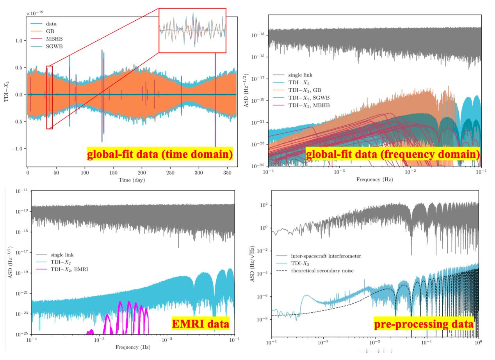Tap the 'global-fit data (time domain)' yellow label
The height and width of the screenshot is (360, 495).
tap(160, 154)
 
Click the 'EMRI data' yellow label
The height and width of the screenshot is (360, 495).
tap(201, 324)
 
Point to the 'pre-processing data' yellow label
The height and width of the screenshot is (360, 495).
tap(424, 324)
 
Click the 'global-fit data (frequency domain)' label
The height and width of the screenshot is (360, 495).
tap(393, 154)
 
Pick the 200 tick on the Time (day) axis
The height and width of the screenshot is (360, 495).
tap(142, 173)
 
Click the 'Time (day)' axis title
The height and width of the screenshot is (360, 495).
tap(132, 180)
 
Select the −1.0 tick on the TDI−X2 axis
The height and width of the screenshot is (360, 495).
tap(17, 148)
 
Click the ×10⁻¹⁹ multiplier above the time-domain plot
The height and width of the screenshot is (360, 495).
tap(35, 13)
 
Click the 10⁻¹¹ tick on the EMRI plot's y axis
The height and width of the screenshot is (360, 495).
tap(21, 191)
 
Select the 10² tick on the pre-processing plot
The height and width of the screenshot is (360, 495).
tap(264, 205)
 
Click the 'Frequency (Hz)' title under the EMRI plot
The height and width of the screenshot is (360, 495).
tap(133, 347)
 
